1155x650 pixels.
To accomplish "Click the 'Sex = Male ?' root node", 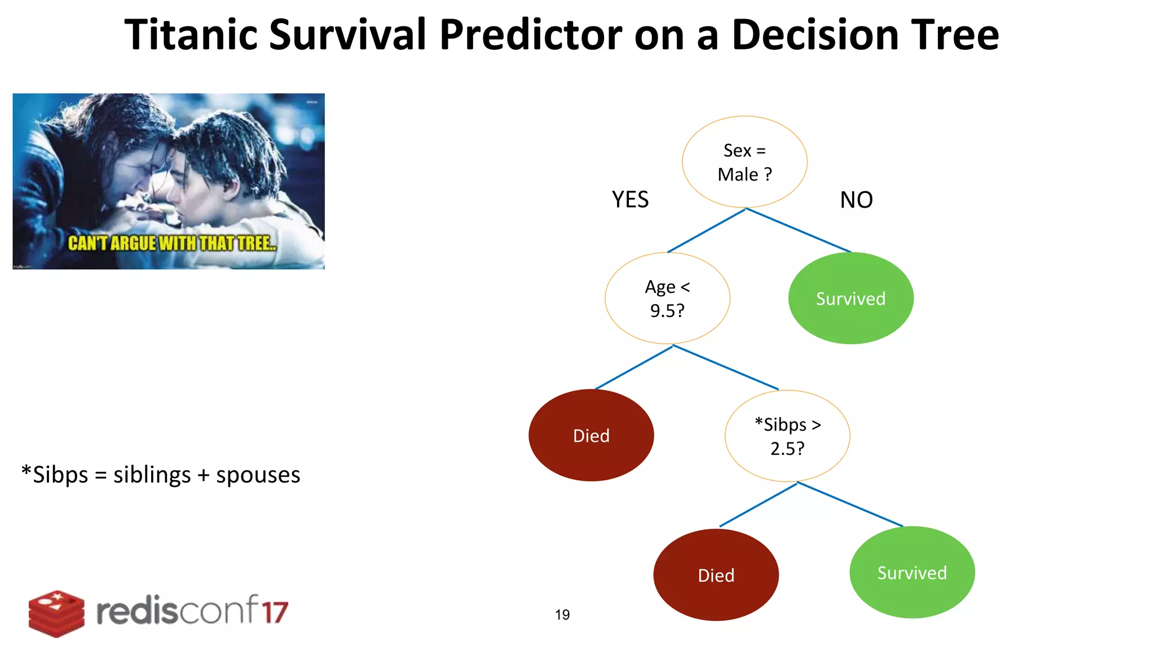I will (744, 162).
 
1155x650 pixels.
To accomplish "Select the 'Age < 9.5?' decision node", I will (667, 298).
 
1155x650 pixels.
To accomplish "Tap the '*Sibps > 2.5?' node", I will (787, 436).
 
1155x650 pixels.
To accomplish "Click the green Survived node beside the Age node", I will (850, 298).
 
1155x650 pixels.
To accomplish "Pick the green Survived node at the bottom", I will (912, 572).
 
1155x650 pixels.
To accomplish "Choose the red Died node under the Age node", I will (591, 435).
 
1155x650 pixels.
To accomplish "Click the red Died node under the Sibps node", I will (716, 575).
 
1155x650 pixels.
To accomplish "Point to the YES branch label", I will (630, 200).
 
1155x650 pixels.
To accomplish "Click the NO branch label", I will (856, 200).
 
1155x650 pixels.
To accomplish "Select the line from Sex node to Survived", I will (798, 230).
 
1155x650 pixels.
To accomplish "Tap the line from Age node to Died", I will (633, 368).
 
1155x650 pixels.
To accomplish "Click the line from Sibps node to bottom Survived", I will (850, 505).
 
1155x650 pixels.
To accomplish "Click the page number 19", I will (562, 614).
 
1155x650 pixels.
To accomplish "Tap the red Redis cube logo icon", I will (56, 613).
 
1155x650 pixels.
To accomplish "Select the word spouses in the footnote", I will (258, 475).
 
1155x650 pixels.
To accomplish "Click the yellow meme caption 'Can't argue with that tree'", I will (172, 243).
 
